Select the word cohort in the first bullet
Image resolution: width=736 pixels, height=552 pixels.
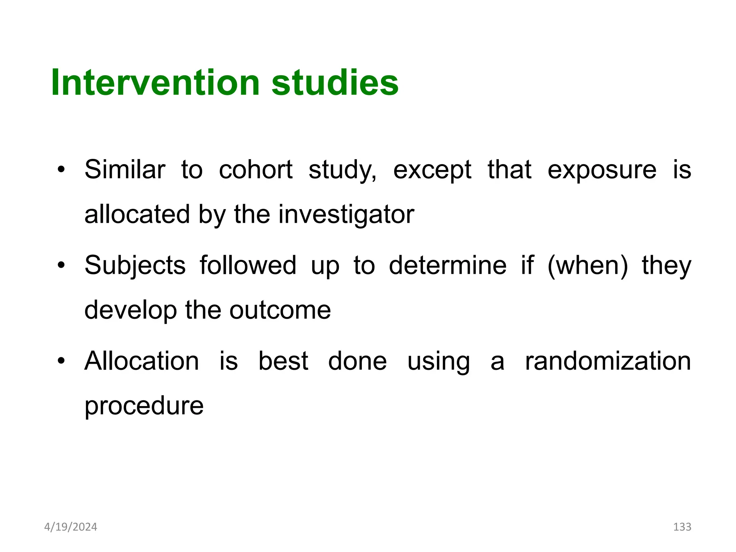click(256, 170)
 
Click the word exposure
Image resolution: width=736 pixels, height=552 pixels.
click(602, 170)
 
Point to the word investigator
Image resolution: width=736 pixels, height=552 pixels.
click(346, 215)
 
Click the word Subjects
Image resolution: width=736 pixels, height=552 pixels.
click(135, 266)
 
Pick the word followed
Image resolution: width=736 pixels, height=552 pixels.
click(248, 265)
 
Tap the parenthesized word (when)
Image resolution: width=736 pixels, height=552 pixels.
click(588, 266)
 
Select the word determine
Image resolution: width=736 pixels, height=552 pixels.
click(447, 265)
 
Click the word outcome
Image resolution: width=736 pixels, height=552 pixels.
click(280, 310)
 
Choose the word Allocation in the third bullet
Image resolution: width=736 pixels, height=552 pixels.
click(142, 361)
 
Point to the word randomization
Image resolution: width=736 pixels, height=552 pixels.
click(608, 361)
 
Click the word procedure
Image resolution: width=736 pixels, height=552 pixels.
click(144, 406)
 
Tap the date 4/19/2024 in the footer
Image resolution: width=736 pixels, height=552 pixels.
click(70, 527)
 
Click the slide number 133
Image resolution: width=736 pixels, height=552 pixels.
click(682, 527)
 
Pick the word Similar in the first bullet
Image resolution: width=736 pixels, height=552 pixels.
click(125, 170)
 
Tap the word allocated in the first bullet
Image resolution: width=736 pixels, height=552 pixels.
click(137, 215)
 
